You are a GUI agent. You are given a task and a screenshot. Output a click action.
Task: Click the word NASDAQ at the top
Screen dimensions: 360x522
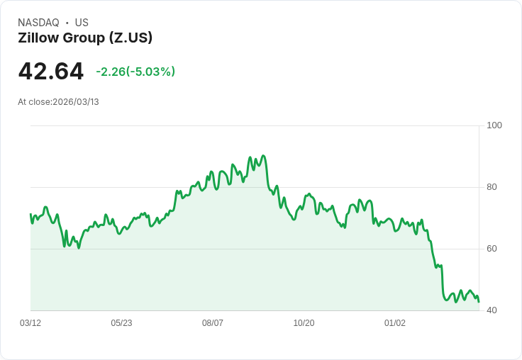pos(38,23)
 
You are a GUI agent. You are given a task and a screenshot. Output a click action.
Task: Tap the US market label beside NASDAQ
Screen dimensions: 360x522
pos(82,23)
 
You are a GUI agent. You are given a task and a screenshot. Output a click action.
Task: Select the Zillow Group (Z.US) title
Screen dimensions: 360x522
pos(85,38)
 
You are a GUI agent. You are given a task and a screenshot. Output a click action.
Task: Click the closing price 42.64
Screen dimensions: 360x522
pos(50,72)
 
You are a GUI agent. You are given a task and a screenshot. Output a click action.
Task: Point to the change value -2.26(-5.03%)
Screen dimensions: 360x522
pos(135,72)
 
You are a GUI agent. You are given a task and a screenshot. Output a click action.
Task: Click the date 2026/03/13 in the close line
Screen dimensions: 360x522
pos(76,102)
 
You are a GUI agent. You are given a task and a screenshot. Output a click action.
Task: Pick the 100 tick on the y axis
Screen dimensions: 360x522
pos(494,125)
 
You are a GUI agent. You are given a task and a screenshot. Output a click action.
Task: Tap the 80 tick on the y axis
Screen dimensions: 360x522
pos(492,187)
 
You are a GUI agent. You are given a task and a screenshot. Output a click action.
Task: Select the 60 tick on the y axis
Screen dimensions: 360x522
pos(492,249)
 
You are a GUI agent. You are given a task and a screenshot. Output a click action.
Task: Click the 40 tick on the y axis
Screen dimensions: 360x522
pos(492,310)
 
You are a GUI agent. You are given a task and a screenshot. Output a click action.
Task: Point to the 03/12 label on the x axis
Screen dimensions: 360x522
pos(30,323)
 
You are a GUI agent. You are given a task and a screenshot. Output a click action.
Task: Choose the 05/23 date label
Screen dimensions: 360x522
pos(121,323)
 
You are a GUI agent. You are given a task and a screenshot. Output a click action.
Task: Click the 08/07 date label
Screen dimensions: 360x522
pos(213,323)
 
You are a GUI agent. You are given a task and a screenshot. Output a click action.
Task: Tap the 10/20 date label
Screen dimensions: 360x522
pos(304,323)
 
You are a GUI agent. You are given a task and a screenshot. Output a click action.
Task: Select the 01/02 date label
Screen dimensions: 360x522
pos(395,323)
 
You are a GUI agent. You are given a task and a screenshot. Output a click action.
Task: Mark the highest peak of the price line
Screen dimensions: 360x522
pos(263,156)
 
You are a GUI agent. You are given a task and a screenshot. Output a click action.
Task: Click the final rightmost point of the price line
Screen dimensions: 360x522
pos(479,302)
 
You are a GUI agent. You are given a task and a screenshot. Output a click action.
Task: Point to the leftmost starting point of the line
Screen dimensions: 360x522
pos(30,214)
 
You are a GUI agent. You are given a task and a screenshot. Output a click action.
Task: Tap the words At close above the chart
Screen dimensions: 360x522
pos(34,102)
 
